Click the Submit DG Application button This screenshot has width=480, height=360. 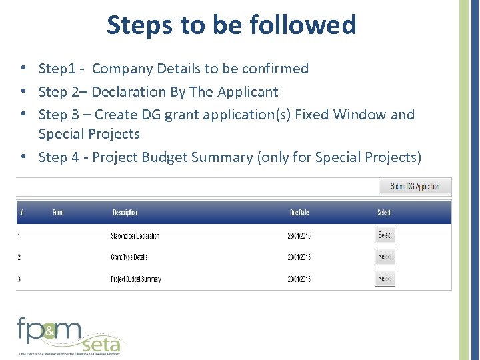[x=415, y=187]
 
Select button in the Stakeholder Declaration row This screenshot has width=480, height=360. [x=385, y=235]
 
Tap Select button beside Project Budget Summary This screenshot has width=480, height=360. [x=385, y=278]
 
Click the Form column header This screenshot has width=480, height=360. [x=58, y=213]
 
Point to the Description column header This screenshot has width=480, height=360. [x=125, y=213]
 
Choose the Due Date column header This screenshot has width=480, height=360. [x=299, y=213]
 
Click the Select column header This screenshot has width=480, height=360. [x=384, y=213]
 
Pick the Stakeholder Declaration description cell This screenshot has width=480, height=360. [x=135, y=236]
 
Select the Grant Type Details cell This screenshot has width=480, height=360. [x=129, y=257]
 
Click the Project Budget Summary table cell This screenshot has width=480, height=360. [x=136, y=279]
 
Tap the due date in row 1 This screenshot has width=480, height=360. [x=299, y=236]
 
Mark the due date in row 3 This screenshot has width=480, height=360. [x=299, y=279]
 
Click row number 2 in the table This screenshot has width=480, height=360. [x=19, y=257]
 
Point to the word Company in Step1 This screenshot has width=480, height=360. [x=120, y=69]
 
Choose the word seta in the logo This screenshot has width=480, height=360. [x=101, y=344]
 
